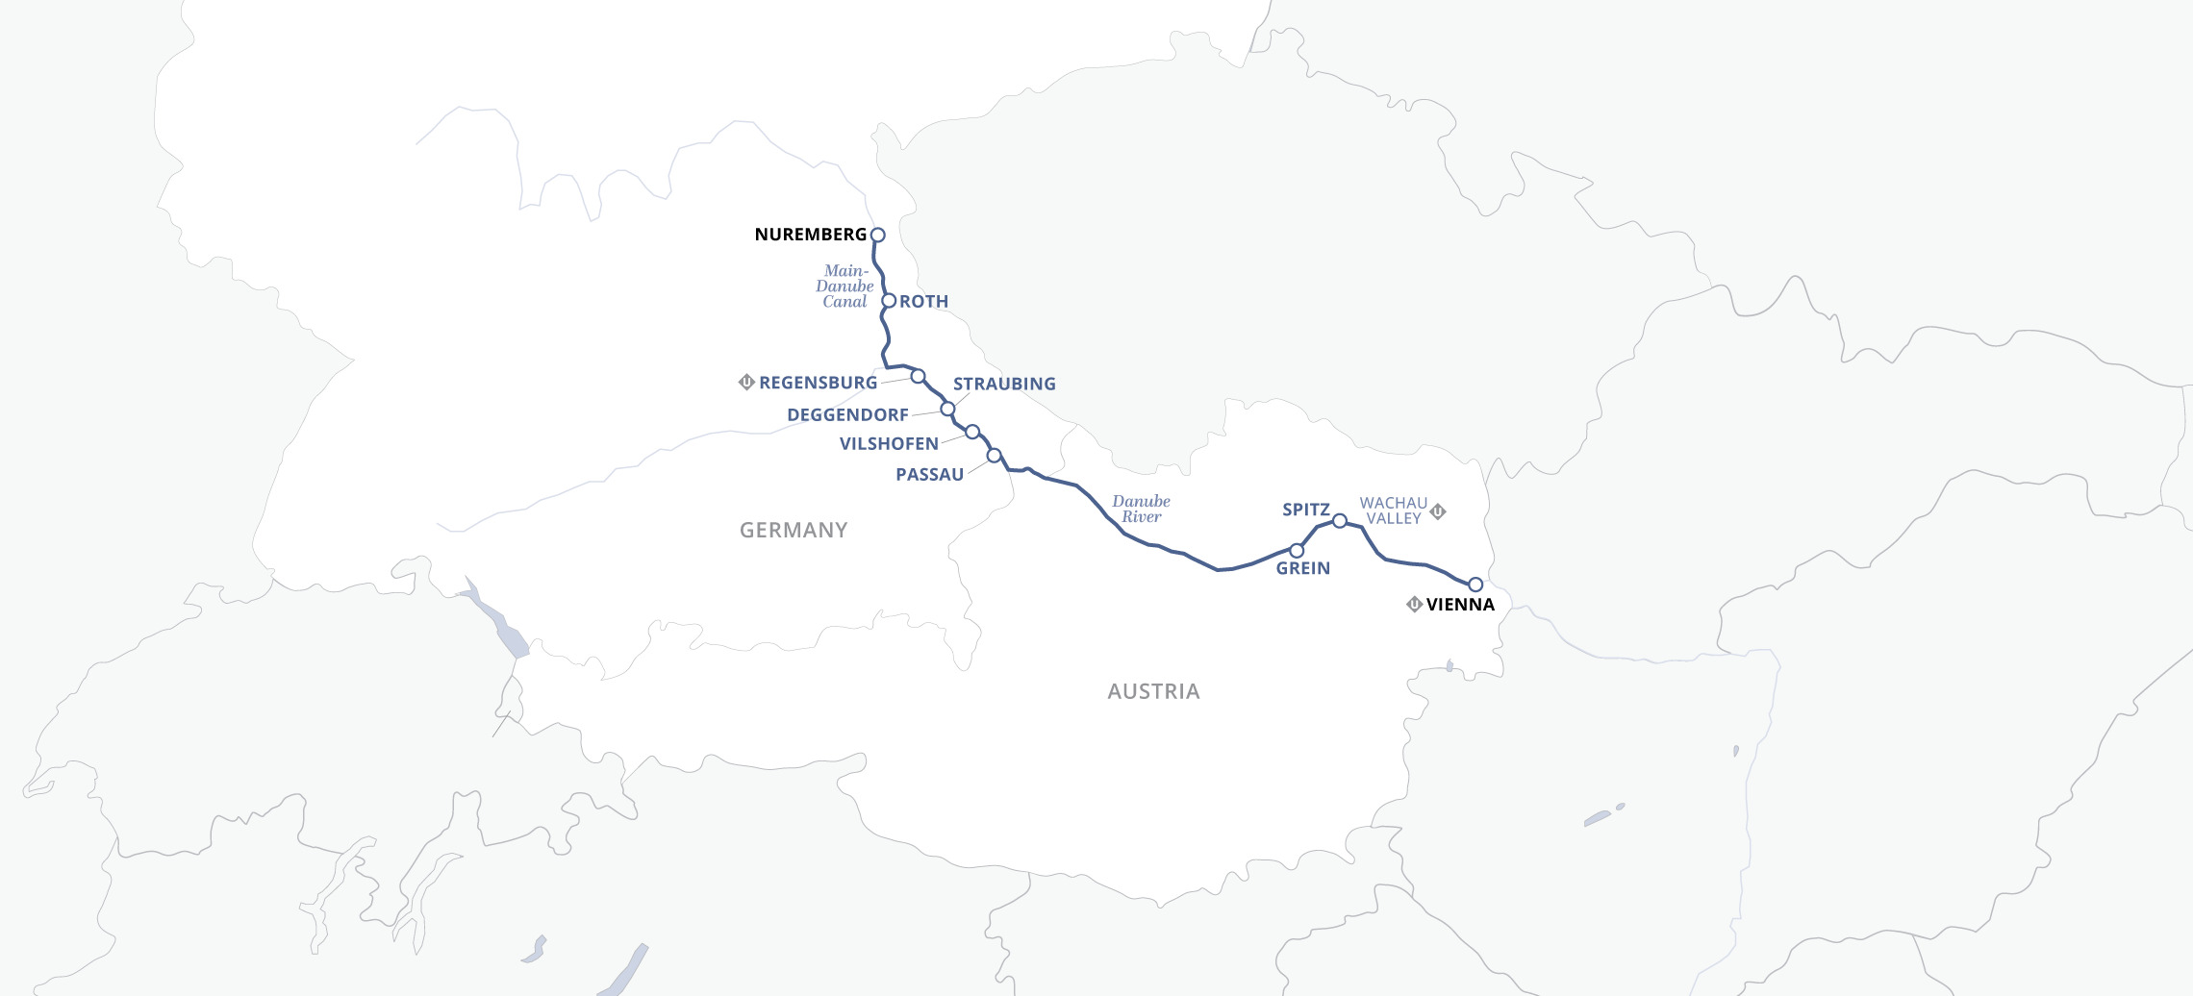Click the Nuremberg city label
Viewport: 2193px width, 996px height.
point(810,235)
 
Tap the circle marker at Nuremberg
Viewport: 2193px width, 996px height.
point(877,235)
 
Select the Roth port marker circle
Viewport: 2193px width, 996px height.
point(890,301)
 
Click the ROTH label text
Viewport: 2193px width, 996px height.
point(923,302)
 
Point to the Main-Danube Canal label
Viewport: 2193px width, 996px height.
point(844,286)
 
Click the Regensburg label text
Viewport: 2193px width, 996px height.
point(818,383)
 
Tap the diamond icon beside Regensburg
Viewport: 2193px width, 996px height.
point(746,382)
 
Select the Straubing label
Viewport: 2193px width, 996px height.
point(1004,384)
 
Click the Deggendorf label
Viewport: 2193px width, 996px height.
point(847,415)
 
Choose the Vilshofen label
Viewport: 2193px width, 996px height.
point(889,444)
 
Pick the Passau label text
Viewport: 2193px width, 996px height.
point(929,475)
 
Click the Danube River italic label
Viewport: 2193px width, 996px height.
point(1141,509)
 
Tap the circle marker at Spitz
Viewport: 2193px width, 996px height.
point(1339,521)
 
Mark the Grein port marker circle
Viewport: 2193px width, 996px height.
point(1297,551)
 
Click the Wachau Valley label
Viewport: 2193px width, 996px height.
point(1393,510)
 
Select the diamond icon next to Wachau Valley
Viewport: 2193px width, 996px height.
point(1438,511)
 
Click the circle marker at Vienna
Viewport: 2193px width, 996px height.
point(1475,585)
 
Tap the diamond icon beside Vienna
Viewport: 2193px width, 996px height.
point(1414,605)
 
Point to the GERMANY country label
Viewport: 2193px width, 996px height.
point(794,531)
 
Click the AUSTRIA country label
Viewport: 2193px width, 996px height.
point(1153,692)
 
